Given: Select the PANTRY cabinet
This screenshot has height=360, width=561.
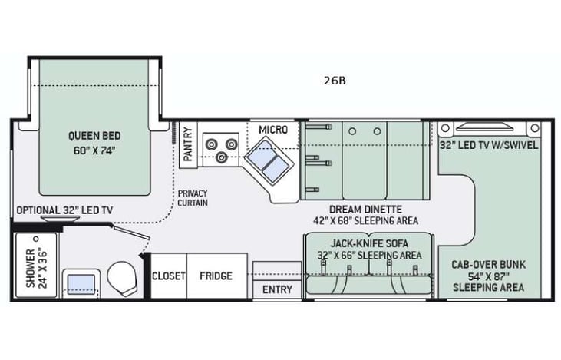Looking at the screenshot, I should click(x=187, y=144).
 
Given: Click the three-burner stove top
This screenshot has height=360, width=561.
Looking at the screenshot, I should click(x=219, y=147).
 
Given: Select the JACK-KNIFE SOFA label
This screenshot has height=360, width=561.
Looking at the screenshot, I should click(x=368, y=243).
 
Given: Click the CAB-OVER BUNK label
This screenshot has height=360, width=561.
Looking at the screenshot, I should click(x=488, y=263).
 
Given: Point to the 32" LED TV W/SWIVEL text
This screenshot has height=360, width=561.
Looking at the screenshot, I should click(x=488, y=144).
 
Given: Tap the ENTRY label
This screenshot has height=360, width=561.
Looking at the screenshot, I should click(x=277, y=289).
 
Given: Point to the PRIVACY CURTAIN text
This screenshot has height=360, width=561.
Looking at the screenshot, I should click(x=191, y=198).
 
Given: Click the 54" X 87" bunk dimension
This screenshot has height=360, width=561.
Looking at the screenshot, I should click(x=488, y=276).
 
